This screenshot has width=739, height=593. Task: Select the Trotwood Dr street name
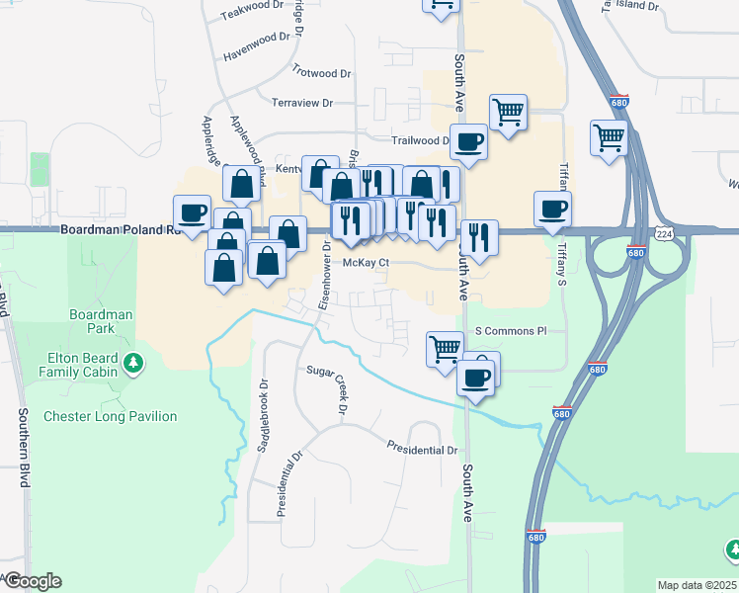point(321,72)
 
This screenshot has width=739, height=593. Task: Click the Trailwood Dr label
point(421,140)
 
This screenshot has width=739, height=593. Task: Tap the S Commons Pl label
point(511,331)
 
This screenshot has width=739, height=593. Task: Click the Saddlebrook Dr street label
point(264,416)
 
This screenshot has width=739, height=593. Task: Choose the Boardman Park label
point(100,321)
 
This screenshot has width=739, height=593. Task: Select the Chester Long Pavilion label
point(110,416)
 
